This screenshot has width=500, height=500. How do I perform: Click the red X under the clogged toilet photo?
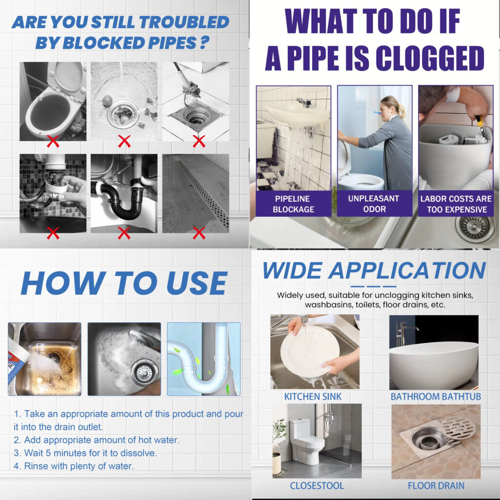coord(53,141)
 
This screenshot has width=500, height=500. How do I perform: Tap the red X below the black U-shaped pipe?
coord(124,233)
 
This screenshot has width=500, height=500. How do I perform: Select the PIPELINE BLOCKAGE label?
coord(293,204)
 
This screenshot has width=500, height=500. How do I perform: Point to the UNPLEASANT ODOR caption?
coord(374,204)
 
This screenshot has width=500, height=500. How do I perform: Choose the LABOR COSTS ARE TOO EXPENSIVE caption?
coord(457,204)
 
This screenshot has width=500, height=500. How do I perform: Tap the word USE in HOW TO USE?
coord(196,283)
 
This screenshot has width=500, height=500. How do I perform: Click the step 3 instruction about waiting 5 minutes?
coord(85,453)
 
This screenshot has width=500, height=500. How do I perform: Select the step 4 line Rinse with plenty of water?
coord(74,466)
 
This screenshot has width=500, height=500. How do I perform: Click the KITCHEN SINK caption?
coord(313,396)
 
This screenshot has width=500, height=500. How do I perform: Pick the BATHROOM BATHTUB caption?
coord(436,396)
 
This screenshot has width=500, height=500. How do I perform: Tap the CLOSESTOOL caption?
coord(316,486)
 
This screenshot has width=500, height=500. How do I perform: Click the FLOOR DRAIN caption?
coord(436,486)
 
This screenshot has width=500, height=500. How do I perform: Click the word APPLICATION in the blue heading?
coord(407,271)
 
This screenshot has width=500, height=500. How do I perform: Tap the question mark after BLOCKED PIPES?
coord(205,43)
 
